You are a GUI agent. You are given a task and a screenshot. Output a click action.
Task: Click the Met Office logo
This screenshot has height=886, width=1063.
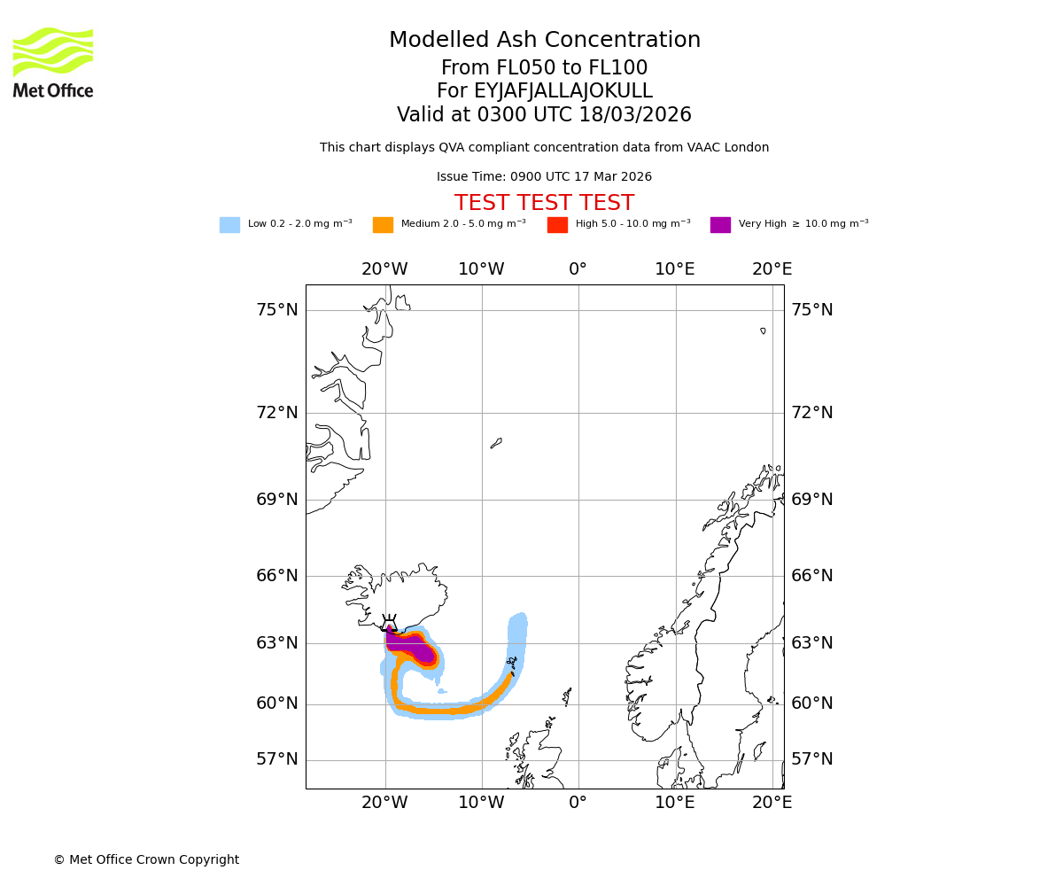(53, 62)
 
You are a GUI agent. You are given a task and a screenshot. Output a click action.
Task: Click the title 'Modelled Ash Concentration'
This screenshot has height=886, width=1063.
(544, 41)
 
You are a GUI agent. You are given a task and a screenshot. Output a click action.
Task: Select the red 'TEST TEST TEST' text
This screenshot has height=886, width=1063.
(544, 204)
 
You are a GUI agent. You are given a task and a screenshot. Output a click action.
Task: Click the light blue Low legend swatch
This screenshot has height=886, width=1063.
(229, 225)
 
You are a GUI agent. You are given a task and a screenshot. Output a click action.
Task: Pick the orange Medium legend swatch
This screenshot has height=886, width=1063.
(383, 225)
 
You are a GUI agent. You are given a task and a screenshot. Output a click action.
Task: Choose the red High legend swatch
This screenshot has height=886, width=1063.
(557, 225)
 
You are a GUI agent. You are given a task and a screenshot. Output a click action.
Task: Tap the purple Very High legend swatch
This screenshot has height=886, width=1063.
(720, 225)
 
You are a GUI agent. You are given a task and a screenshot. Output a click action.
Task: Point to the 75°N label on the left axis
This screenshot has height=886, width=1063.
(277, 310)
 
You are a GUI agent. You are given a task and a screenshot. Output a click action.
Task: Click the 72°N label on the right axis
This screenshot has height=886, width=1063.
(812, 413)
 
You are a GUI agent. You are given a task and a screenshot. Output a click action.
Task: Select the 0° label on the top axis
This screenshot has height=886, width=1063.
(578, 269)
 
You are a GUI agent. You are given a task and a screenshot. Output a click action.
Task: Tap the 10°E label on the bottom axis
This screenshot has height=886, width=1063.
(674, 803)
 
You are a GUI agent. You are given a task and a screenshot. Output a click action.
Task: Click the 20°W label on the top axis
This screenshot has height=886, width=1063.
(384, 269)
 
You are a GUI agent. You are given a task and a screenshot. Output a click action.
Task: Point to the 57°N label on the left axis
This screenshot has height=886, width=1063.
(277, 759)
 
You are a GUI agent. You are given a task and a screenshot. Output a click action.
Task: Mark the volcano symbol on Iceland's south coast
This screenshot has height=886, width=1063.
(389, 620)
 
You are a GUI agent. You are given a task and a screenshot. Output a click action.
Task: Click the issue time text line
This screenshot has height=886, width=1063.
(544, 177)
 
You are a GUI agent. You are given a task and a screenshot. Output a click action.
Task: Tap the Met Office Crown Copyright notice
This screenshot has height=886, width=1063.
(146, 859)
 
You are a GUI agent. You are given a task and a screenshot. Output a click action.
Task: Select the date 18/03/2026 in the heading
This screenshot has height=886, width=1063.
(635, 115)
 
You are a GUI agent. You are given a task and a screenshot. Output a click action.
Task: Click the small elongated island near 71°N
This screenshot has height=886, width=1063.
(496, 443)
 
